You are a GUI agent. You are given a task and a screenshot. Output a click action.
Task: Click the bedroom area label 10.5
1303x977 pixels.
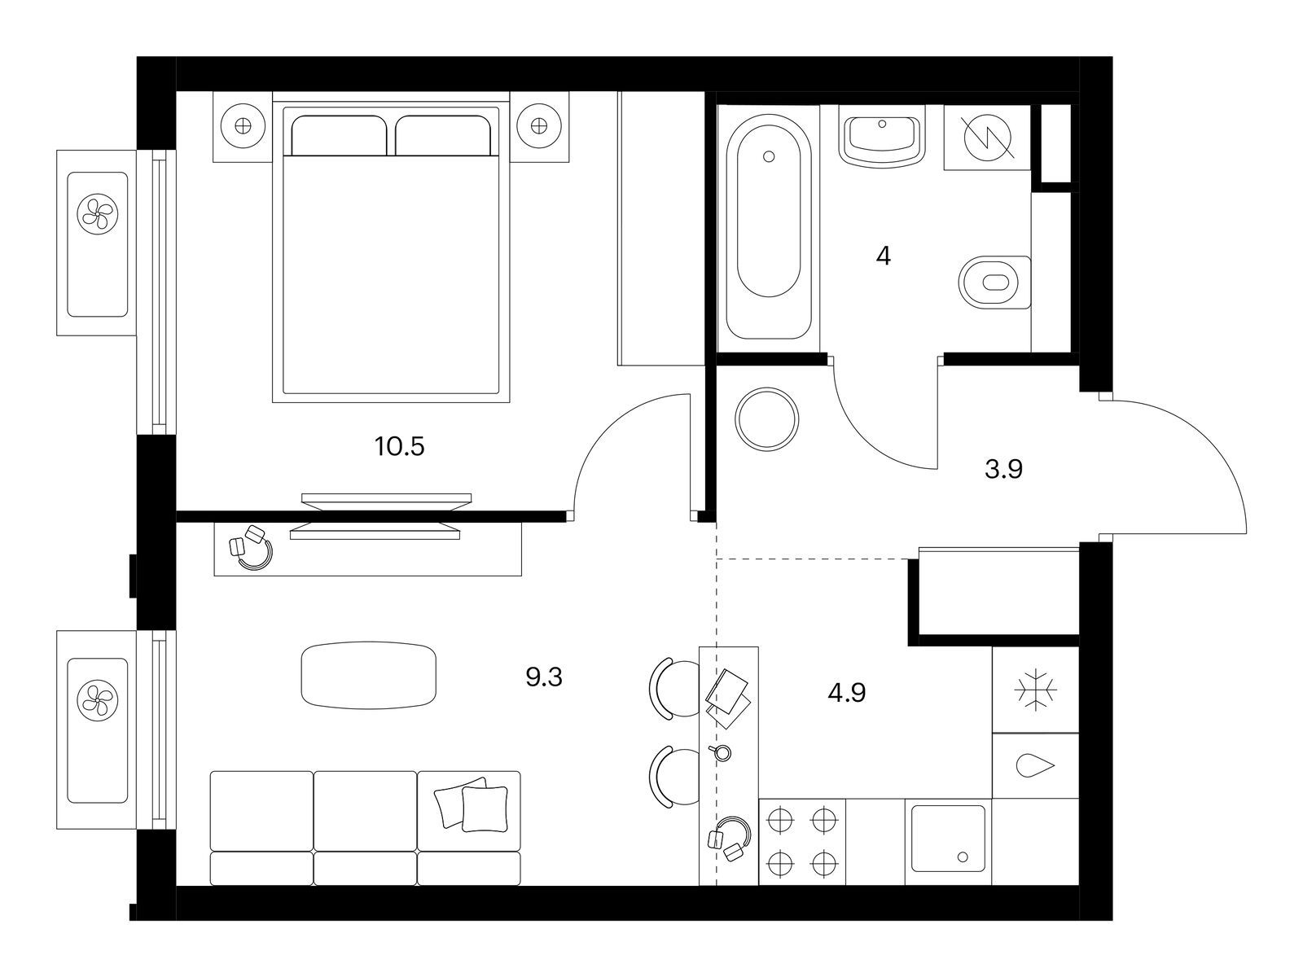point(400,447)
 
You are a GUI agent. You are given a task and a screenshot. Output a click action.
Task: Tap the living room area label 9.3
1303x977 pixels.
point(544,677)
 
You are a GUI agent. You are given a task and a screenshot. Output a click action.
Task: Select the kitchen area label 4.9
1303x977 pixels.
point(847,693)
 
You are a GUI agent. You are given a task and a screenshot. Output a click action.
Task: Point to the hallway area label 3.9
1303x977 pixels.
point(1004,470)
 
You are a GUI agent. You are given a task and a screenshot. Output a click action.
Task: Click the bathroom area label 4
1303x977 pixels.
point(884,256)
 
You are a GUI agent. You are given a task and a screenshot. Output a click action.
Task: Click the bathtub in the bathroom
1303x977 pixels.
point(769,227)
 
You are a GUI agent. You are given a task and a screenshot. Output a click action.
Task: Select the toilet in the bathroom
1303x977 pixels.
point(995,283)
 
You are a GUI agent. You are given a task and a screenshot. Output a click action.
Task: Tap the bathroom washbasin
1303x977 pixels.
point(882,139)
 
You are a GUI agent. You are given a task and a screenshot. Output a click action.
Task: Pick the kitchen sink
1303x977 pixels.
point(948,839)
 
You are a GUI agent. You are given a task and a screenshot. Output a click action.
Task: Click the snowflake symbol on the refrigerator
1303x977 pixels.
point(1035,690)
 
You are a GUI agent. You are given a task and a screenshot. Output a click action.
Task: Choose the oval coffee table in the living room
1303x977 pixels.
point(369,675)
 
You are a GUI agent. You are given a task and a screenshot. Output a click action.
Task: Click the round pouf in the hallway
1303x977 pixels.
point(767,419)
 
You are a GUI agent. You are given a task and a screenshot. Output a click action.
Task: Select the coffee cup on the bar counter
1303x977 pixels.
point(721,752)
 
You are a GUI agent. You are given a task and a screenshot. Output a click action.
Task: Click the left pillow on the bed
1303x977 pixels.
point(339,135)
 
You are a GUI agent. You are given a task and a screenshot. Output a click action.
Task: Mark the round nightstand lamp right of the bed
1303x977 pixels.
point(539,125)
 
